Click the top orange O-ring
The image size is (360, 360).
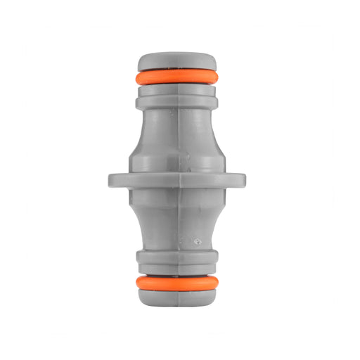177,77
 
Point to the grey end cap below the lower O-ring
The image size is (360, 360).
177,297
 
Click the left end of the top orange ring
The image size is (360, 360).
138,77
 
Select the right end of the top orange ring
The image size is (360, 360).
217,77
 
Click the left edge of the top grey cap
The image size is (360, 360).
140,60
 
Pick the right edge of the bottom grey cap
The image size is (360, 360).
214,297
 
